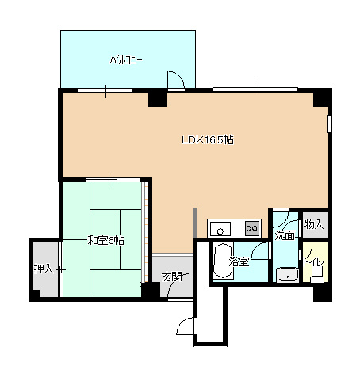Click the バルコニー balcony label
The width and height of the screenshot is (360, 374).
pos(126,60)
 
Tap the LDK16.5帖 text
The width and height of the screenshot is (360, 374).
pos(208,139)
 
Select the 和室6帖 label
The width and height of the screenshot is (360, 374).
pos(105,241)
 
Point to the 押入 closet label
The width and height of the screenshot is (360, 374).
pos(44,269)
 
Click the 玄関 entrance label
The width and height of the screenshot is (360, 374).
pos(172,277)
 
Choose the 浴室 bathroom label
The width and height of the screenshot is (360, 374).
pos(239,261)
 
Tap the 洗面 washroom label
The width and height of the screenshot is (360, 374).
pos(285,235)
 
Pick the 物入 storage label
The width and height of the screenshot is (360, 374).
pos(314,224)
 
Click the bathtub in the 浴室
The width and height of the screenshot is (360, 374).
pos(224,261)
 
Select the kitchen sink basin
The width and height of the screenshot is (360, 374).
pos(220,229)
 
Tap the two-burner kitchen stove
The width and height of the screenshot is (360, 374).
pos(252,228)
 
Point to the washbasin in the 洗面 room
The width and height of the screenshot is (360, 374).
pos(288,275)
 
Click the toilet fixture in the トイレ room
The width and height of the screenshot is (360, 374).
pos(317,275)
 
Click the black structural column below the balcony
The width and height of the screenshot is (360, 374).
pos(158,98)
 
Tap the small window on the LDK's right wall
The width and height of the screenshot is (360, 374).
pos(330,124)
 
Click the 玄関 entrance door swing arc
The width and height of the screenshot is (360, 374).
pos(176,281)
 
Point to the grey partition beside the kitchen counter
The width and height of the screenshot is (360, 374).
pos(195,223)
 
